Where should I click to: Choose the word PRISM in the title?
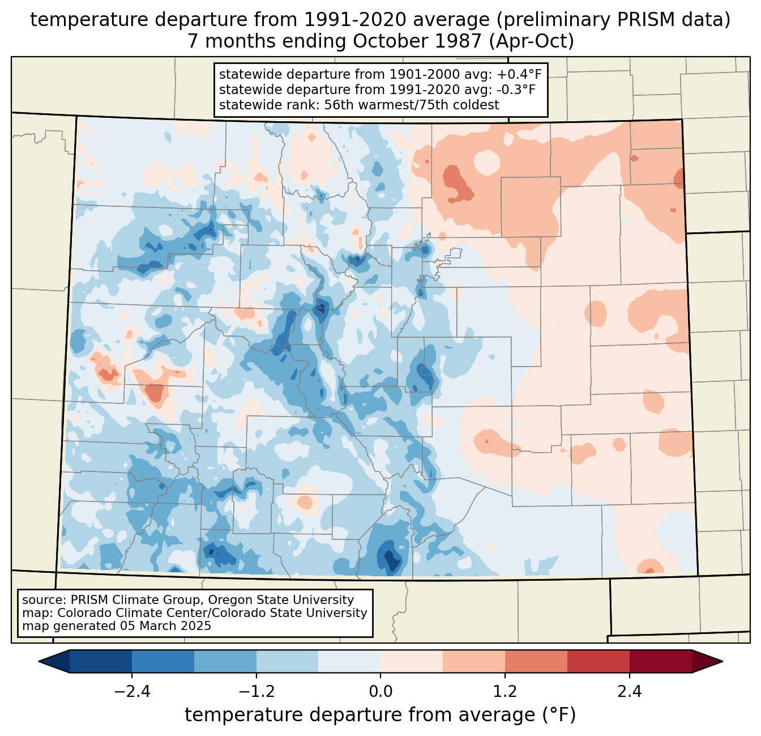click(640, 20)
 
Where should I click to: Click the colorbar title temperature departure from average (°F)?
click(380, 715)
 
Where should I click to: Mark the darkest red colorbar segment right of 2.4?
click(660, 661)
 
